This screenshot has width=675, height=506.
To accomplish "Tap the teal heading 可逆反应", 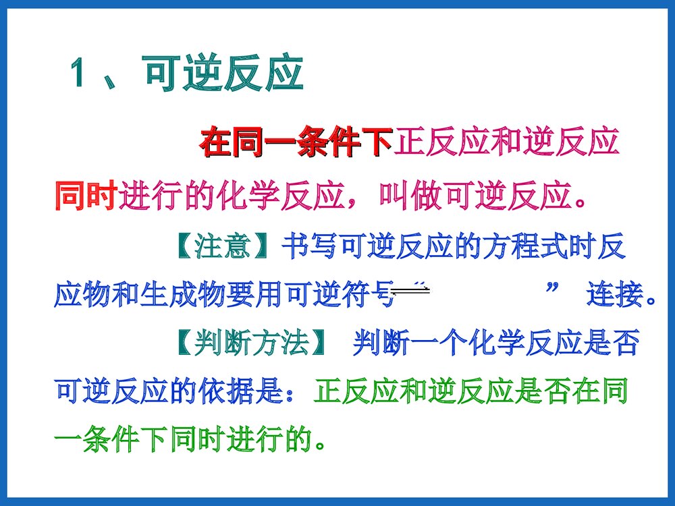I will coord(223,74).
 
